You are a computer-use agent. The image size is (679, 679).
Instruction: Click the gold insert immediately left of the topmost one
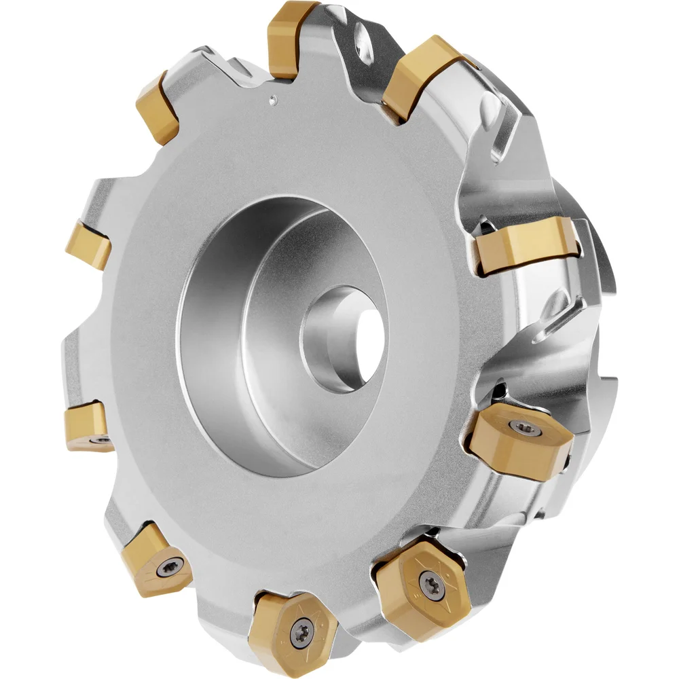[x=158, y=109]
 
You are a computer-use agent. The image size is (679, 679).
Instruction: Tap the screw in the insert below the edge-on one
[x=523, y=428]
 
